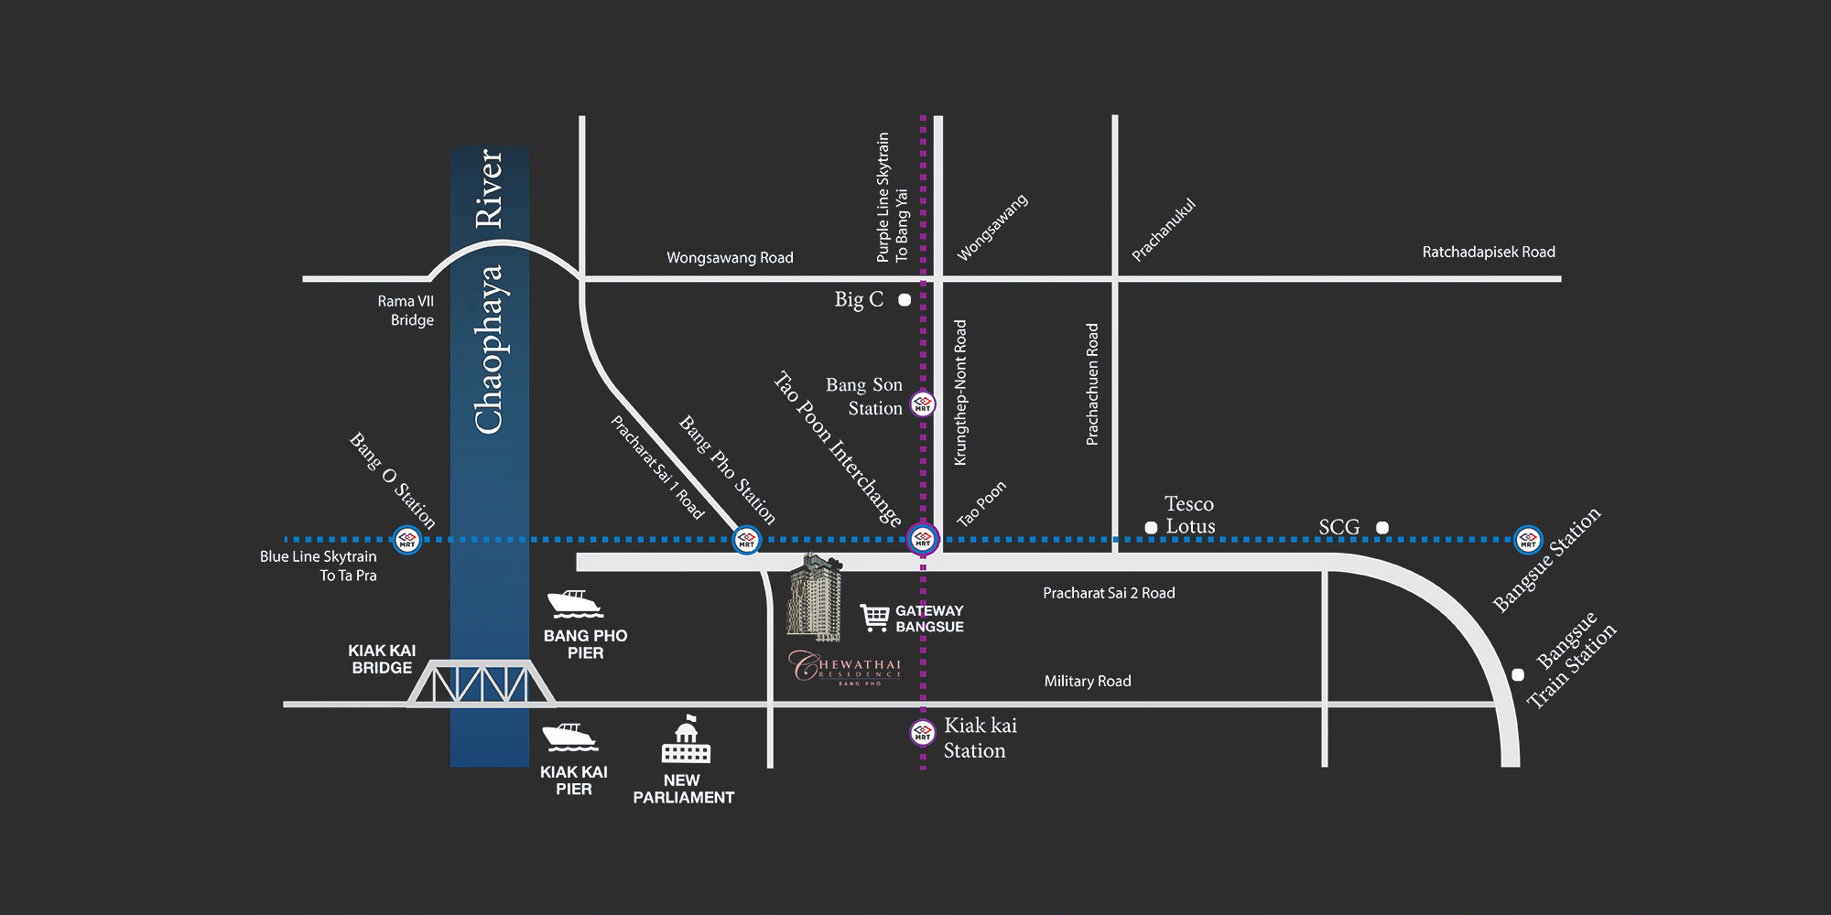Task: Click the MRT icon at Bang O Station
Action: click(x=406, y=540)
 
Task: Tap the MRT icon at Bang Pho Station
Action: click(x=747, y=540)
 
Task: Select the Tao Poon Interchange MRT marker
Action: click(x=923, y=539)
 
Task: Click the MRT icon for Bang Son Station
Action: click(x=923, y=404)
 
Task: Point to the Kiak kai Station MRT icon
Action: click(x=923, y=732)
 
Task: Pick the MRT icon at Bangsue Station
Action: click(x=1528, y=540)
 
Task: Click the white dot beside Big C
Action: click(x=905, y=300)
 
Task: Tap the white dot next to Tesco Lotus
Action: click(x=1151, y=528)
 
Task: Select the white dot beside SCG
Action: click(x=1382, y=528)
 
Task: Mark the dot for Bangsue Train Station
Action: click(x=1518, y=675)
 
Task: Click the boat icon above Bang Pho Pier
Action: click(x=575, y=604)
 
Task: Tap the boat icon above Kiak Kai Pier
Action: click(x=569, y=737)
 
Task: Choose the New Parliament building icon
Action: click(x=686, y=741)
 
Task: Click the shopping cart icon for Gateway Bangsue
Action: click(x=875, y=618)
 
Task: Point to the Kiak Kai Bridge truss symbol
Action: click(x=482, y=684)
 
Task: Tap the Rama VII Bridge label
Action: click(x=406, y=310)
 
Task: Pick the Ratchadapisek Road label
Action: click(x=1489, y=252)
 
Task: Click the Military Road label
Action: click(x=1088, y=681)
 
